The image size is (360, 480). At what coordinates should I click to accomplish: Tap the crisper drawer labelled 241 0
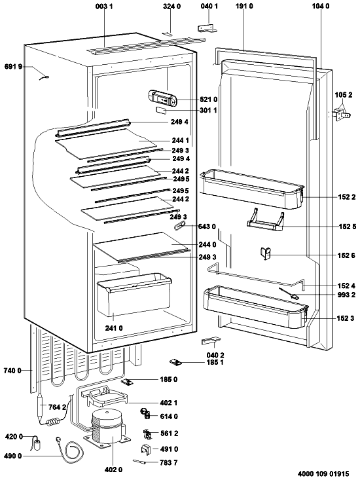point(134,294)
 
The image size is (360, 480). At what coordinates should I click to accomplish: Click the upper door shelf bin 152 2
point(251,189)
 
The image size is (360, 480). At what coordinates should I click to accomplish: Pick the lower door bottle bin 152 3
point(256,306)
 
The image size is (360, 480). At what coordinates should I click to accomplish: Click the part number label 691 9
point(14,66)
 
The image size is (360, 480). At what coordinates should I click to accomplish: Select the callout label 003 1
point(104,6)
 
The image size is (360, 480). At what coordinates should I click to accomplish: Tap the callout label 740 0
point(12,371)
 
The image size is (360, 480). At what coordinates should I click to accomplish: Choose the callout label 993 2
point(346,295)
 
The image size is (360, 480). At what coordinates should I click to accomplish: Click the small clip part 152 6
point(266,253)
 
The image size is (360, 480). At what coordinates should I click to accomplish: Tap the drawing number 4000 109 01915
point(323,473)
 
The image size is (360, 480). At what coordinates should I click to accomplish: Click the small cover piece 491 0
point(147,449)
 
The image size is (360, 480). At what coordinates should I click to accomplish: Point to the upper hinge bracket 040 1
point(207,28)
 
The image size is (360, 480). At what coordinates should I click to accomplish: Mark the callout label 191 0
point(244,6)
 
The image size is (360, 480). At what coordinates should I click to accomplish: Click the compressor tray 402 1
point(105,396)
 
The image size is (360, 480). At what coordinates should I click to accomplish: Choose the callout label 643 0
point(206,227)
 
